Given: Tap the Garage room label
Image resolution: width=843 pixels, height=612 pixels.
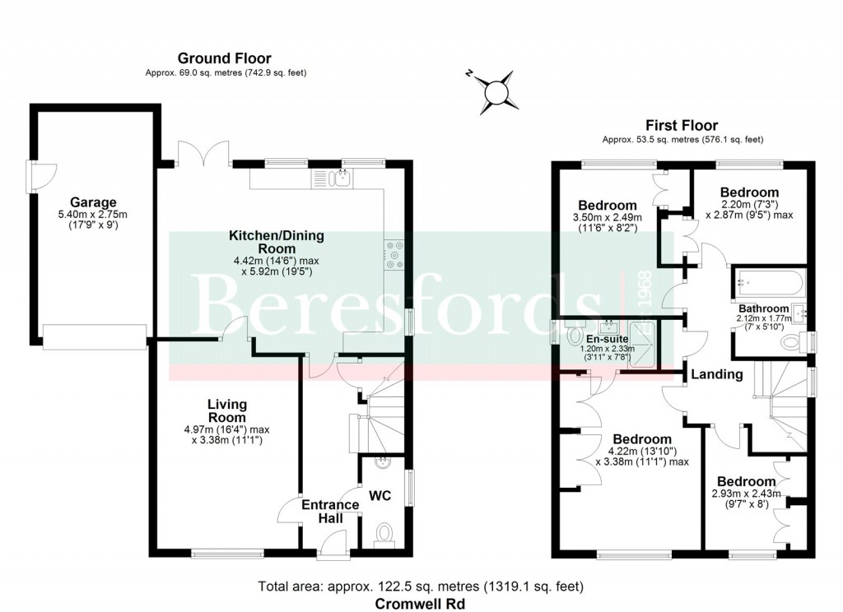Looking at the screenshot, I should pos(92,202).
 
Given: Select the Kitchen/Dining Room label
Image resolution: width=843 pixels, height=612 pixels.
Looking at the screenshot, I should pos(276,242).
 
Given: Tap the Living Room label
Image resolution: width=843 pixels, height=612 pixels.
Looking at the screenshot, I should pos(226,410).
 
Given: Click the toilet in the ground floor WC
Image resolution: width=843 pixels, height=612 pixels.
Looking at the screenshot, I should pos(384,535).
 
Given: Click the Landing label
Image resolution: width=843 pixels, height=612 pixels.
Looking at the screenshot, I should pos(716,374).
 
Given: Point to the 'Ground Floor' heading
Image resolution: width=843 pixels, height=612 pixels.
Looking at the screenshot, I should pos(225,58).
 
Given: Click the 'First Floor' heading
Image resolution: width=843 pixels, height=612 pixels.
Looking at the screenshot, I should pos(682,125).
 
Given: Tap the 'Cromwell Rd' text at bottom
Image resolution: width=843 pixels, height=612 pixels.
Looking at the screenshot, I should pos(420,603).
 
